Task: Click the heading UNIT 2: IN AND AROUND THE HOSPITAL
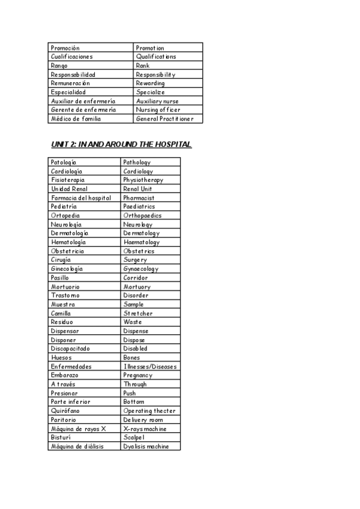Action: tap(121, 145)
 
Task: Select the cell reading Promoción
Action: tap(65, 47)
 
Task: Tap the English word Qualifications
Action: tap(156, 56)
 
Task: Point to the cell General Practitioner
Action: tap(164, 119)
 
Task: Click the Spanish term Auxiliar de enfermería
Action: tap(83, 101)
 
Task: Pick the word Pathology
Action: tap(137, 162)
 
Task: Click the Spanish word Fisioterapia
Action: tap(68, 180)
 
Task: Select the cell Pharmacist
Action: tap(139, 197)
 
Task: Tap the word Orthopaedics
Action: tap(142, 215)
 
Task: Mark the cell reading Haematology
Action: tap(142, 242)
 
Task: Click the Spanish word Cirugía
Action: tap(61, 260)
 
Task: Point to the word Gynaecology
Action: tap(141, 269)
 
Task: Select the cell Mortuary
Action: tap(137, 286)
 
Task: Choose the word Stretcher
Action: tap(138, 313)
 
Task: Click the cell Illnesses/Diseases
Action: tap(150, 366)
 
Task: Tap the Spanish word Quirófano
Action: tap(65, 411)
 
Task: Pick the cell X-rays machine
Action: tap(145, 429)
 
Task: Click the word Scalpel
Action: tap(134, 438)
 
